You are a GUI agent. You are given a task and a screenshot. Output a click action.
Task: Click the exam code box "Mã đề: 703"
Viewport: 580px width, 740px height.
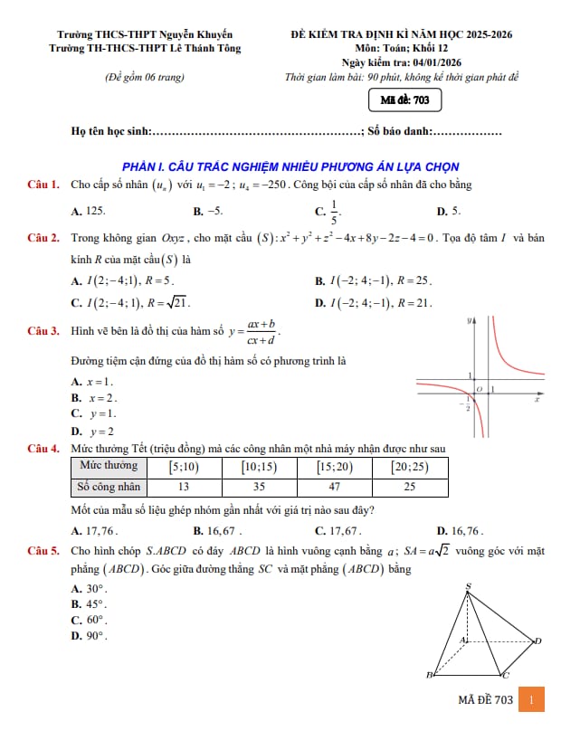pos(404,100)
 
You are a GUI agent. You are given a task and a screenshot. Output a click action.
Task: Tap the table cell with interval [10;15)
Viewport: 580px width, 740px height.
pos(259,467)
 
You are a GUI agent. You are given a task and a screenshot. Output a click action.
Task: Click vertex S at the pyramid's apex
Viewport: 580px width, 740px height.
pos(468,586)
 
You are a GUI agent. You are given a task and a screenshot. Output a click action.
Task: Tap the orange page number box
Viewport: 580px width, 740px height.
pos(532,700)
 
